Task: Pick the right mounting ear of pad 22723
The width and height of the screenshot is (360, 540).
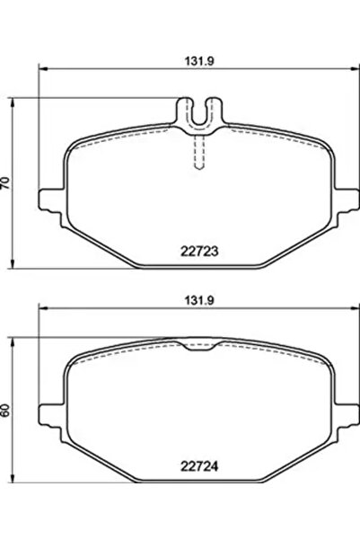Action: [347, 195]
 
